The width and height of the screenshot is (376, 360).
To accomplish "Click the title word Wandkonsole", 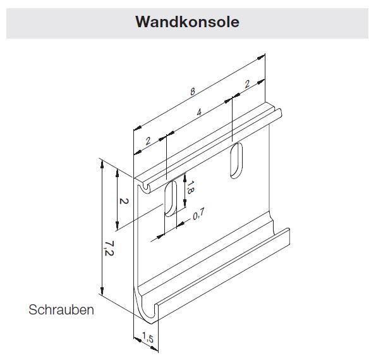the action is [187, 22].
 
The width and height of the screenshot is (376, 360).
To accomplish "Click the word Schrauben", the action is [61, 309].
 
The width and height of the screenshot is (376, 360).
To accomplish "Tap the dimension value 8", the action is [193, 92].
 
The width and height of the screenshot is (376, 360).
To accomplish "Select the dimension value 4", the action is [199, 112].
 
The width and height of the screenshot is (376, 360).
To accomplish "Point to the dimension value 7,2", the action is [109, 249].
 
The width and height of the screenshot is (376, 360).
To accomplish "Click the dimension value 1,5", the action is [148, 337].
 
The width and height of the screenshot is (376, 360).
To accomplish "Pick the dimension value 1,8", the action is [190, 187].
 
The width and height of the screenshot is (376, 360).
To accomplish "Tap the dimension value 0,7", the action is [198, 214].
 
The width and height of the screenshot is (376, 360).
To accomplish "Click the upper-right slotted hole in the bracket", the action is [236, 161].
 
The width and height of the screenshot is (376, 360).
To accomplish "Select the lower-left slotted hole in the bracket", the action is [171, 199].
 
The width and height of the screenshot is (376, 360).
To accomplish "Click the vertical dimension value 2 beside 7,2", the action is [124, 201].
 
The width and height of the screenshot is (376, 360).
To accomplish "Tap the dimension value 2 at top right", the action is [247, 84].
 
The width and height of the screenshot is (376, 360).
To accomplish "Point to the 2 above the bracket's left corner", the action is [148, 141].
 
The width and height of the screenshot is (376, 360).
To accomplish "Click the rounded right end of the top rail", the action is [279, 113].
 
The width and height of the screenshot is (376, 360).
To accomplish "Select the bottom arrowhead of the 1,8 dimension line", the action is [185, 204].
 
